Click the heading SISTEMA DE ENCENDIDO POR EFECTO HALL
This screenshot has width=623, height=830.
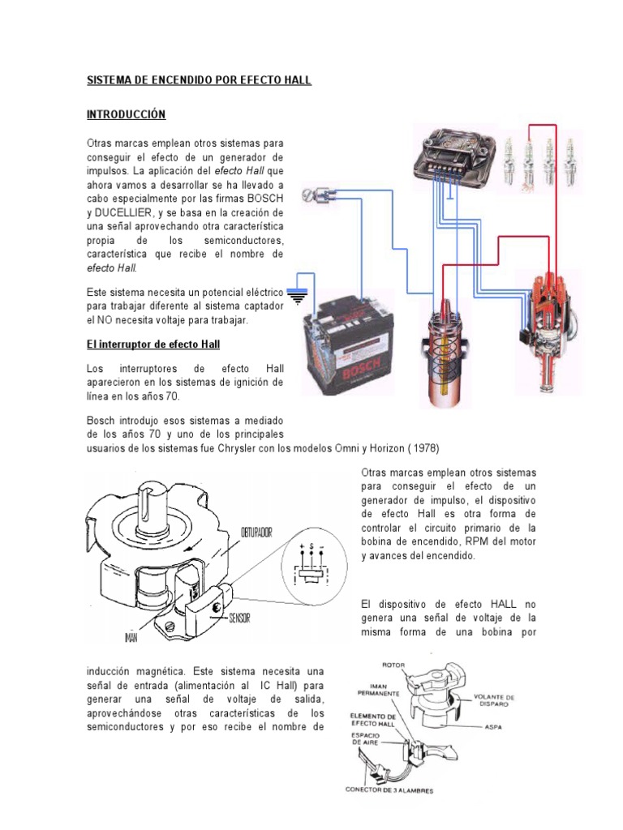coord(199,81)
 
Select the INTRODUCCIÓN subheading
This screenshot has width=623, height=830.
coord(126,115)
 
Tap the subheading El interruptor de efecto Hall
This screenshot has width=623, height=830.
coord(153,344)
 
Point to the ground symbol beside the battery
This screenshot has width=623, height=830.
coord(299,297)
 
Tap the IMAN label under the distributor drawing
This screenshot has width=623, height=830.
coord(132,638)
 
